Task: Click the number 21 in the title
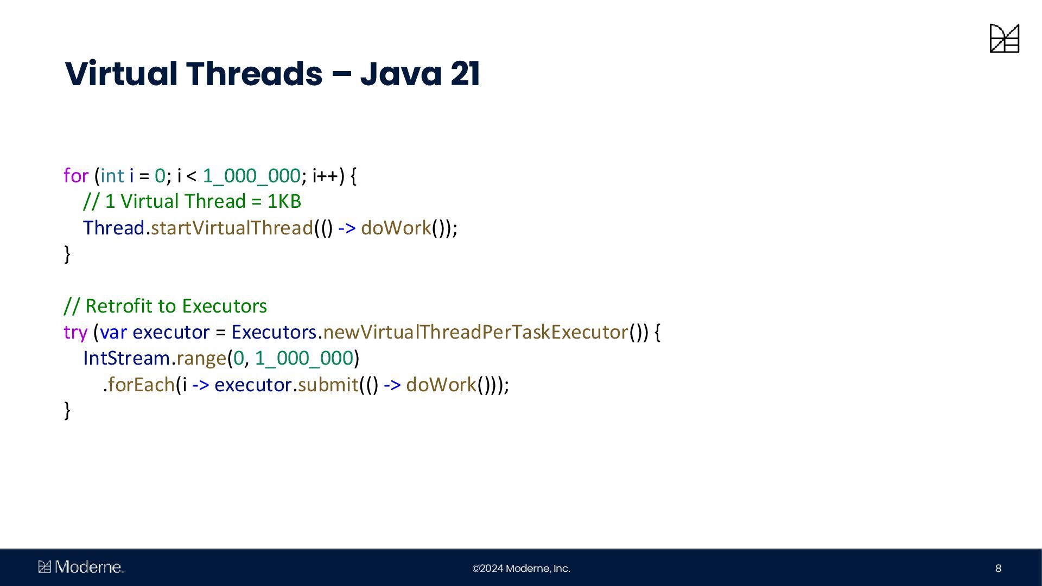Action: click(465, 74)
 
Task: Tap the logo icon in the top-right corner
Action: click(1004, 38)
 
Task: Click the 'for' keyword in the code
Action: click(75, 176)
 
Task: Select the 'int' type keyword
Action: click(112, 176)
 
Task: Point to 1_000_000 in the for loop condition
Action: click(251, 176)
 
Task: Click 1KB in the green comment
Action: click(284, 201)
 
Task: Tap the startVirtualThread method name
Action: click(232, 228)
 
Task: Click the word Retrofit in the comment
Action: click(119, 306)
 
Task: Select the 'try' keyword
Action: click(75, 333)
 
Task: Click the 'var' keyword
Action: click(113, 332)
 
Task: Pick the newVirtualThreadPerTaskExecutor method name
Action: click(475, 332)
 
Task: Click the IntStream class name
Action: click(126, 358)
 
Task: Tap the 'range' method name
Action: click(201, 359)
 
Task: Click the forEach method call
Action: click(141, 385)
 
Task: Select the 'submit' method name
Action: click(328, 385)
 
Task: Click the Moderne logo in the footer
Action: click(81, 567)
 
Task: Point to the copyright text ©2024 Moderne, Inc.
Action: click(521, 568)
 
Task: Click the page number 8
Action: click(998, 568)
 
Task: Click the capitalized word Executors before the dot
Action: click(274, 332)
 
